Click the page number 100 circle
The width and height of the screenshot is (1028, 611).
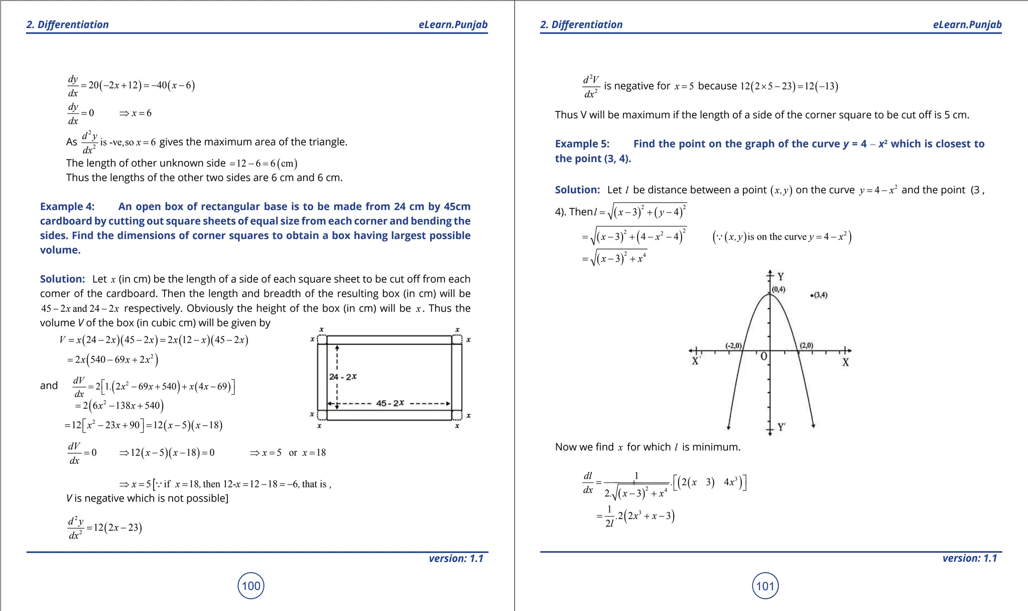(x=251, y=585)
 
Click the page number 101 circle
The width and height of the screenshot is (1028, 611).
(x=765, y=585)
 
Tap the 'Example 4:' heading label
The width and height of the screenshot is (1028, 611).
(x=67, y=206)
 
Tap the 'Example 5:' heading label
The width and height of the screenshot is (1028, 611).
(x=582, y=144)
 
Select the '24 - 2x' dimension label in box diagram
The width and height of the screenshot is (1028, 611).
(x=343, y=377)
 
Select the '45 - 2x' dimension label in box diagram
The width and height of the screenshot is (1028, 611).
(x=390, y=403)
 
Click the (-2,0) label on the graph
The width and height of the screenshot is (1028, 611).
(x=733, y=345)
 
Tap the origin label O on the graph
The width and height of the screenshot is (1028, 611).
(x=763, y=356)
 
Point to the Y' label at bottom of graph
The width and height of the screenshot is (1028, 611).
(x=782, y=427)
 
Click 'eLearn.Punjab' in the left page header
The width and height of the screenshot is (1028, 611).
(x=453, y=25)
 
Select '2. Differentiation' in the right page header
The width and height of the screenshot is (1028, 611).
(x=581, y=25)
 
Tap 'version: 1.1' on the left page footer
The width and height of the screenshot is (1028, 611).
(x=456, y=558)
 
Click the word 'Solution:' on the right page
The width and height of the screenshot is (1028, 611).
(x=577, y=190)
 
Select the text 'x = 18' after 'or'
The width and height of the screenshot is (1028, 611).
(x=314, y=453)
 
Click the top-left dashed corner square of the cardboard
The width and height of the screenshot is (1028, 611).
(x=322, y=340)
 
